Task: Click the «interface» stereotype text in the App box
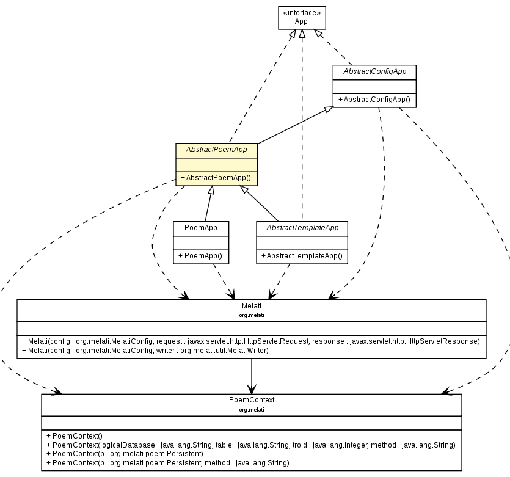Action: pos(302,12)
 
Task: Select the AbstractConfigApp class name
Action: pos(374,71)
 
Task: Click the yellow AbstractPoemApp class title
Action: pos(216,150)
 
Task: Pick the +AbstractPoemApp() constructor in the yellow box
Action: pos(216,178)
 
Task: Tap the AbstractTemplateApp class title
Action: pos(302,228)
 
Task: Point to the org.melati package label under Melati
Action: pos(251,315)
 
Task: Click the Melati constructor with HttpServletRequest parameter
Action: pos(250,341)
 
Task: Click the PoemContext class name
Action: pos(251,400)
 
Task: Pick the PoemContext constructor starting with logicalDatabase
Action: pos(250,445)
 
